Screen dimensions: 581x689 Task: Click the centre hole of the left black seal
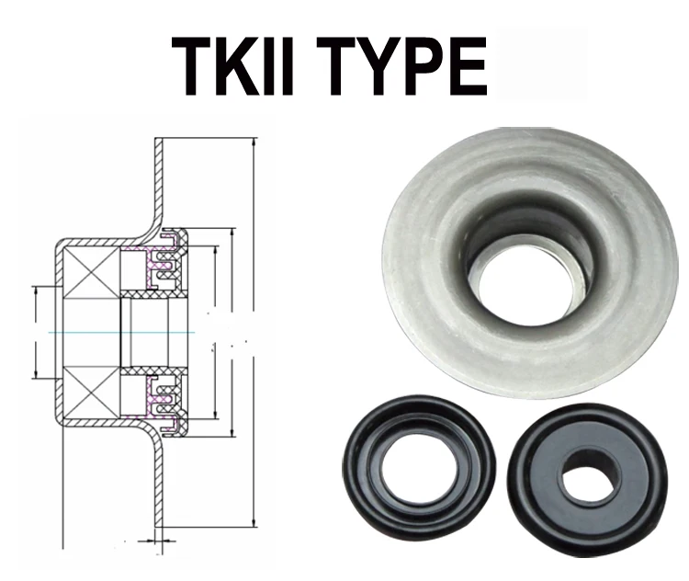415,467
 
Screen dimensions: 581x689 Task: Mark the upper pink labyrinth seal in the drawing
161,268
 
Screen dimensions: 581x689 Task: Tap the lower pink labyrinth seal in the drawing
161,396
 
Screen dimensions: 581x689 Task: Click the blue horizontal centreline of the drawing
92,332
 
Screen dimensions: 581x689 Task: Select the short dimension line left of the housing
35,332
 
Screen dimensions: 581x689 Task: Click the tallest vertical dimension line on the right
253,331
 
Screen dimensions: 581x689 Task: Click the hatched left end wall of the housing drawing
57,332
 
